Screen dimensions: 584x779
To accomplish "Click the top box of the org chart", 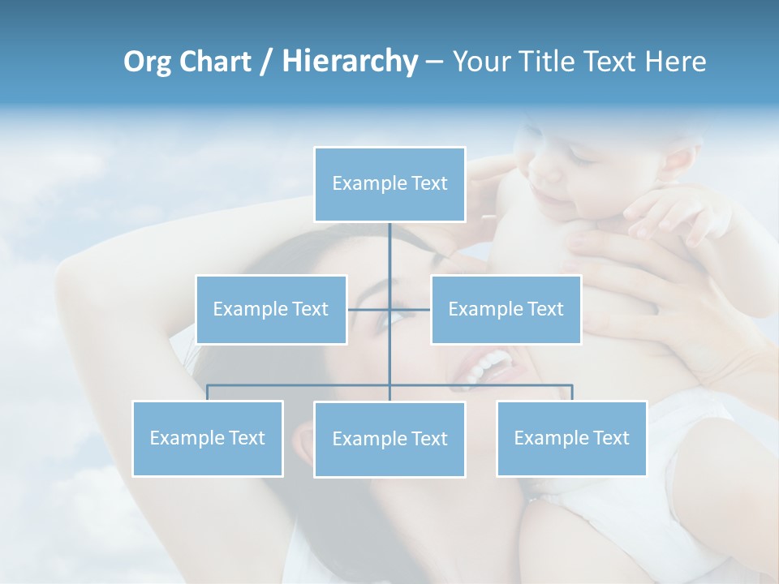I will (x=389, y=184).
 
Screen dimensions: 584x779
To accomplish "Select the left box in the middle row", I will (x=271, y=309).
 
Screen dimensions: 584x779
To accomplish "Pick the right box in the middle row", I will (x=506, y=309).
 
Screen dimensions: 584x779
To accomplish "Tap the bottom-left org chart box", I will (x=208, y=438).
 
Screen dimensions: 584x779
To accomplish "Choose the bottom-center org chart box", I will (x=389, y=439).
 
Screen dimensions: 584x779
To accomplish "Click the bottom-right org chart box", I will (x=571, y=438).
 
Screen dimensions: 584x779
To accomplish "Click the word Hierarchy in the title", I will (x=350, y=62).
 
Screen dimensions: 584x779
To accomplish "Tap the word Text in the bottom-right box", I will (x=609, y=438).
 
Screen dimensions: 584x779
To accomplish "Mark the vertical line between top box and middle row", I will (x=389, y=260).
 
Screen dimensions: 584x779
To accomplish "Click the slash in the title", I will (x=266, y=62).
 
